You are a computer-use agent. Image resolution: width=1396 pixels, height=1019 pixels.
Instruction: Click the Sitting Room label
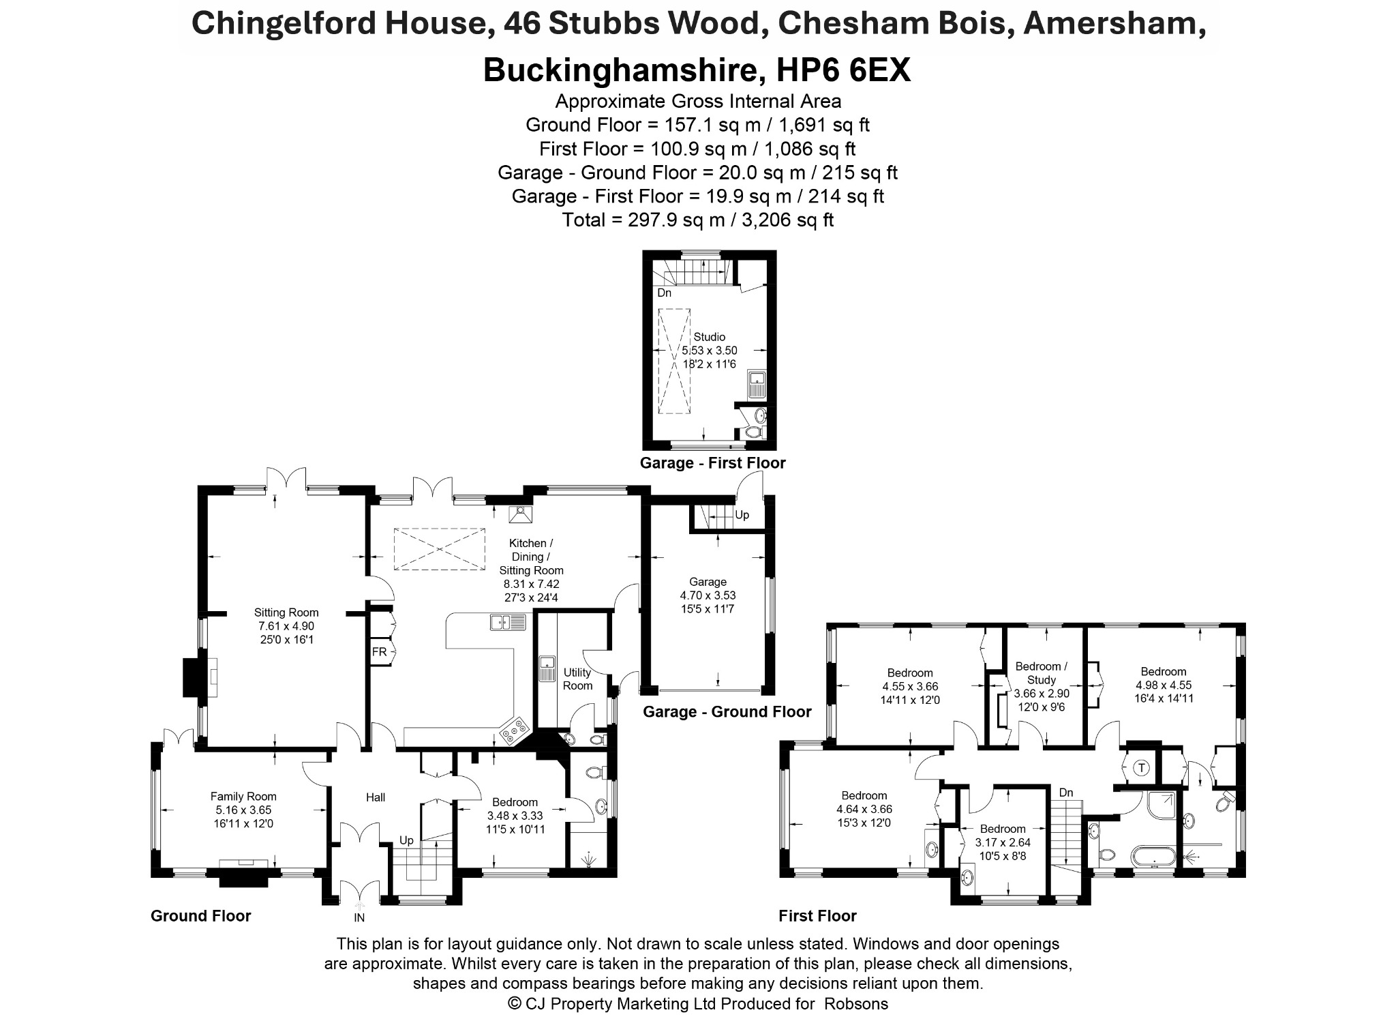[x=286, y=612]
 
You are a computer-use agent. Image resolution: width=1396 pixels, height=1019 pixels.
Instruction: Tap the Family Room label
[x=243, y=796]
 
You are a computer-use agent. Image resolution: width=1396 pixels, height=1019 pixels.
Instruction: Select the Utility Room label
[x=577, y=679]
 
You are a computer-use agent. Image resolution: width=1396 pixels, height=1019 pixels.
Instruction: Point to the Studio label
[x=710, y=337]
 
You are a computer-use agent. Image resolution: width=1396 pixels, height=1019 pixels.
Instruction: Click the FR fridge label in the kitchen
[x=380, y=652]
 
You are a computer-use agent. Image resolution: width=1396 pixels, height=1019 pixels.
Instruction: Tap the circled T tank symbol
[x=1141, y=768]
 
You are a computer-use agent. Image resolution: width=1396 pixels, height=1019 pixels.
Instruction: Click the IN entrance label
[x=359, y=918]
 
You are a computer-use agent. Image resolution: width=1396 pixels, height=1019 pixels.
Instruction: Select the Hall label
[x=376, y=797]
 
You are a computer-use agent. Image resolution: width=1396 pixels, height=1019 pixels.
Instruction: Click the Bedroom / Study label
[x=1042, y=673]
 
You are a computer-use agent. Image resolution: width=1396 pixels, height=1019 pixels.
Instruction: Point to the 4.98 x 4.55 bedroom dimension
[x=1164, y=685]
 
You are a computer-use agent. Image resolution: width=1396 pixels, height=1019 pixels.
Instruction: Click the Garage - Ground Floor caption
[x=727, y=712]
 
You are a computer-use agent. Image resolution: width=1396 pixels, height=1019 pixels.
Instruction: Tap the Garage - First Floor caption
[x=712, y=463]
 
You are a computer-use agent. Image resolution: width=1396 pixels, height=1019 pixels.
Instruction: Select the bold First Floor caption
[x=817, y=916]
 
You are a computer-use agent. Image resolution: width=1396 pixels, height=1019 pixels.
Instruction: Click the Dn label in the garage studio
[x=664, y=293]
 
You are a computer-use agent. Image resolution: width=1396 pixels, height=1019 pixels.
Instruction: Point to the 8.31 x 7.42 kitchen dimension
[x=531, y=584]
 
